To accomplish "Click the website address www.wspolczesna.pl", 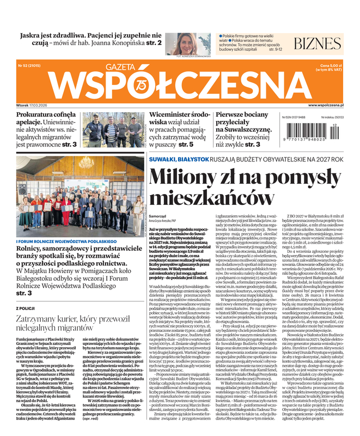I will pos(326,105).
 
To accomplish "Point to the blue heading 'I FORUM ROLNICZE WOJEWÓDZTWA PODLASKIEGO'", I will pos(57,241).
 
